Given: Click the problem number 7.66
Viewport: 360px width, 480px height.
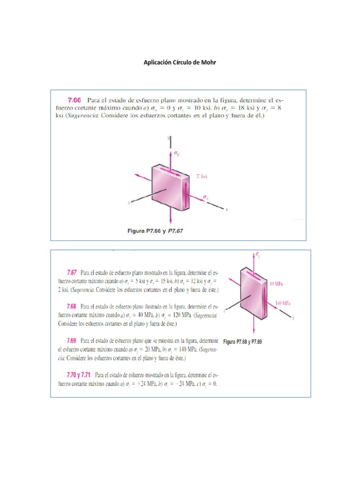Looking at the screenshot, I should click(75, 100).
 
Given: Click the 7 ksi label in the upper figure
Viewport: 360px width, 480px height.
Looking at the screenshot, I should click(202, 176).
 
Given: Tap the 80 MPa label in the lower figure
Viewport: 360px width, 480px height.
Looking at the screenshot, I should click(277, 284).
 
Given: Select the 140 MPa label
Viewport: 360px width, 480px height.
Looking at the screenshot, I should click(283, 303).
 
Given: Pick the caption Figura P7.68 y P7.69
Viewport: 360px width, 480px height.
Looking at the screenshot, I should click(242, 342).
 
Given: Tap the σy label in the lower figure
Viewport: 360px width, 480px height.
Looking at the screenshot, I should click(258, 255).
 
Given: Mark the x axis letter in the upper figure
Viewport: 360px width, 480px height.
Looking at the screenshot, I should click(226, 210).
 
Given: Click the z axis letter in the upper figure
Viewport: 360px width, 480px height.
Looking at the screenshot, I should click(128, 203).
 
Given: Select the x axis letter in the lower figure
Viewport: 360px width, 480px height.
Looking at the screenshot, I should click(292, 318).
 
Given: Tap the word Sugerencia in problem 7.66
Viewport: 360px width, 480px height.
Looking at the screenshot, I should click(82, 117).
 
